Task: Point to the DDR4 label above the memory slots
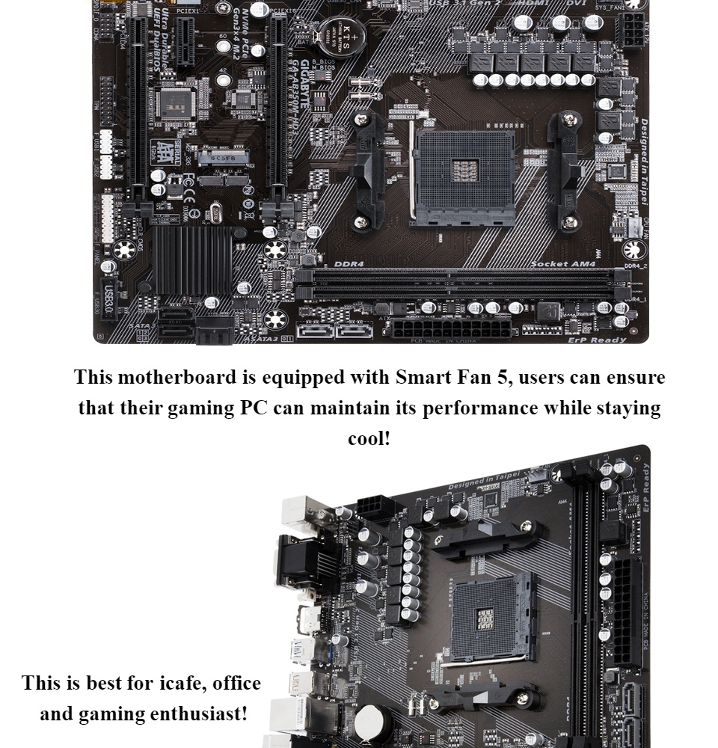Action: click(x=349, y=264)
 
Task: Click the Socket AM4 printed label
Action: click(x=562, y=264)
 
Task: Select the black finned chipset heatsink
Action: click(x=193, y=260)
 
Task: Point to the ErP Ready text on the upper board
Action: click(x=596, y=340)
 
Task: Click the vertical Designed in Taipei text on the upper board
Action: click(x=642, y=160)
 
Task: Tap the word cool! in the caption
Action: click(x=369, y=438)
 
